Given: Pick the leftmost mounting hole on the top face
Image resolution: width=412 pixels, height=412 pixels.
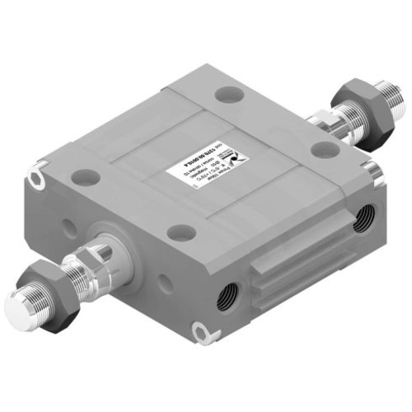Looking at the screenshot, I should pyautogui.click(x=84, y=176).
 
